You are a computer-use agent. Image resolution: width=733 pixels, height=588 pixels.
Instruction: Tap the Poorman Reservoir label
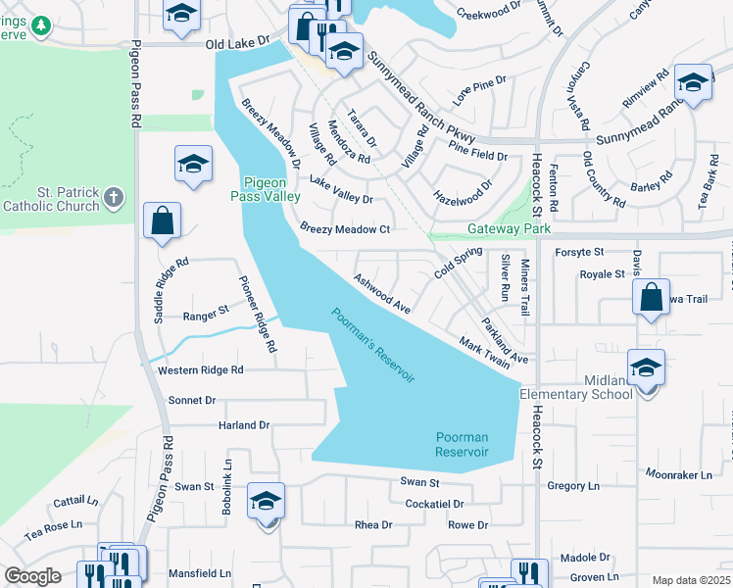pyautogui.click(x=461, y=444)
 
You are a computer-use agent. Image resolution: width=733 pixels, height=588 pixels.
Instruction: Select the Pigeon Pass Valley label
pyautogui.click(x=271, y=189)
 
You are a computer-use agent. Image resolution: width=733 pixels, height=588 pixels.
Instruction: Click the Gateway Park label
pyautogui.click(x=510, y=228)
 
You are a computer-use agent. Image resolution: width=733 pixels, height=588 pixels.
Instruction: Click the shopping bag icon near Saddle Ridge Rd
pyautogui.click(x=162, y=221)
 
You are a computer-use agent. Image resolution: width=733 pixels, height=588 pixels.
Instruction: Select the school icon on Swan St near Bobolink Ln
pyautogui.click(x=266, y=502)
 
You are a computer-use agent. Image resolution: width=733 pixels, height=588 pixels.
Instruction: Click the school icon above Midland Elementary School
pyautogui.click(x=646, y=367)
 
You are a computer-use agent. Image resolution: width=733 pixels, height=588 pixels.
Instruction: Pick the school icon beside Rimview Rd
pyautogui.click(x=693, y=84)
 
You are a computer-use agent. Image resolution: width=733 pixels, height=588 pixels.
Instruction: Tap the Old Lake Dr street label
pyautogui.click(x=239, y=45)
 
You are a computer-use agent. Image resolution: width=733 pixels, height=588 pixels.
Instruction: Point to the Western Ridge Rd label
pyautogui.click(x=200, y=370)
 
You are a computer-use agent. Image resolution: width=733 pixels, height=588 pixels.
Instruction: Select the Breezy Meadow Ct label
pyautogui.click(x=345, y=229)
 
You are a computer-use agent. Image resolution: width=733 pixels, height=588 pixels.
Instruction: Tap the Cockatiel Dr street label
pyautogui.click(x=433, y=504)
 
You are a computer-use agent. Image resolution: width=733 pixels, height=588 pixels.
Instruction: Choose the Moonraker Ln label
pyautogui.click(x=678, y=474)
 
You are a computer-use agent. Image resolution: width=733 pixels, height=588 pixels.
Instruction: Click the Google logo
pyautogui.click(x=33, y=576)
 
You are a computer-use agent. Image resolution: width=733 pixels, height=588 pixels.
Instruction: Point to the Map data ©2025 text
pyautogui.click(x=691, y=580)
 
